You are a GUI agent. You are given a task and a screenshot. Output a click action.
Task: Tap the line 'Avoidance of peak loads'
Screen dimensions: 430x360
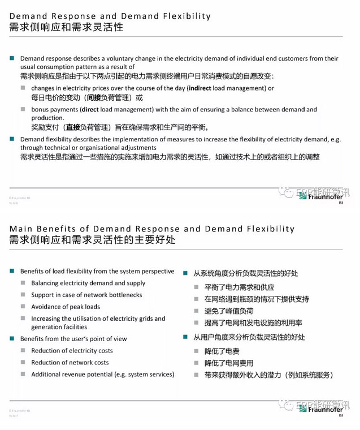tap(66, 307)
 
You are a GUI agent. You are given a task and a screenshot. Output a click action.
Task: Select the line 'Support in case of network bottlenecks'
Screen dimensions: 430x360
tap(86, 295)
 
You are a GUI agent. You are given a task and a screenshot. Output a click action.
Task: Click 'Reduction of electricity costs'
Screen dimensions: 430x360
tap(72, 351)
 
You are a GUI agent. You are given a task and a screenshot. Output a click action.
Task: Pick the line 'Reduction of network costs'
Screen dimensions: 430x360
tap(70, 363)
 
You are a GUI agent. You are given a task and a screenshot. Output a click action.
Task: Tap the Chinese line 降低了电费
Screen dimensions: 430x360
tap(218, 351)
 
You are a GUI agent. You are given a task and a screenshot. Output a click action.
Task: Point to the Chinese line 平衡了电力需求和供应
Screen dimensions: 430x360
tap(239, 287)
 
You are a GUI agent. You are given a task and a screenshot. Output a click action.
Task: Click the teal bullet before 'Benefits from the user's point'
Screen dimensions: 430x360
tap(12, 339)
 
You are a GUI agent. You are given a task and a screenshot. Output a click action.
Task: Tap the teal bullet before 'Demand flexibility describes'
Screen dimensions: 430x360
tap(12, 139)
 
